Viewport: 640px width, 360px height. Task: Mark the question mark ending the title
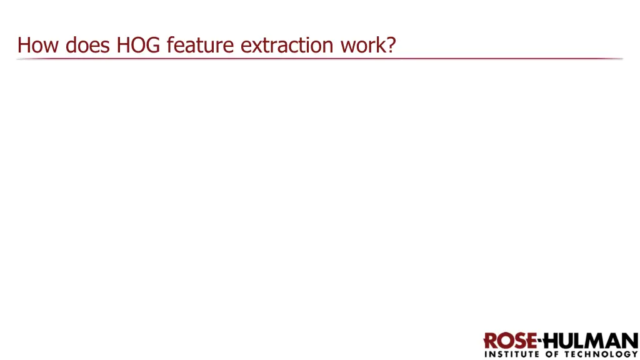(x=391, y=45)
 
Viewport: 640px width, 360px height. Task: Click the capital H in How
(x=24, y=45)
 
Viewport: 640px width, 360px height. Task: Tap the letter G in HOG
(x=154, y=45)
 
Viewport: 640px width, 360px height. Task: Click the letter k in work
(x=381, y=45)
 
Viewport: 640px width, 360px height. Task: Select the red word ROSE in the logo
(x=510, y=341)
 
